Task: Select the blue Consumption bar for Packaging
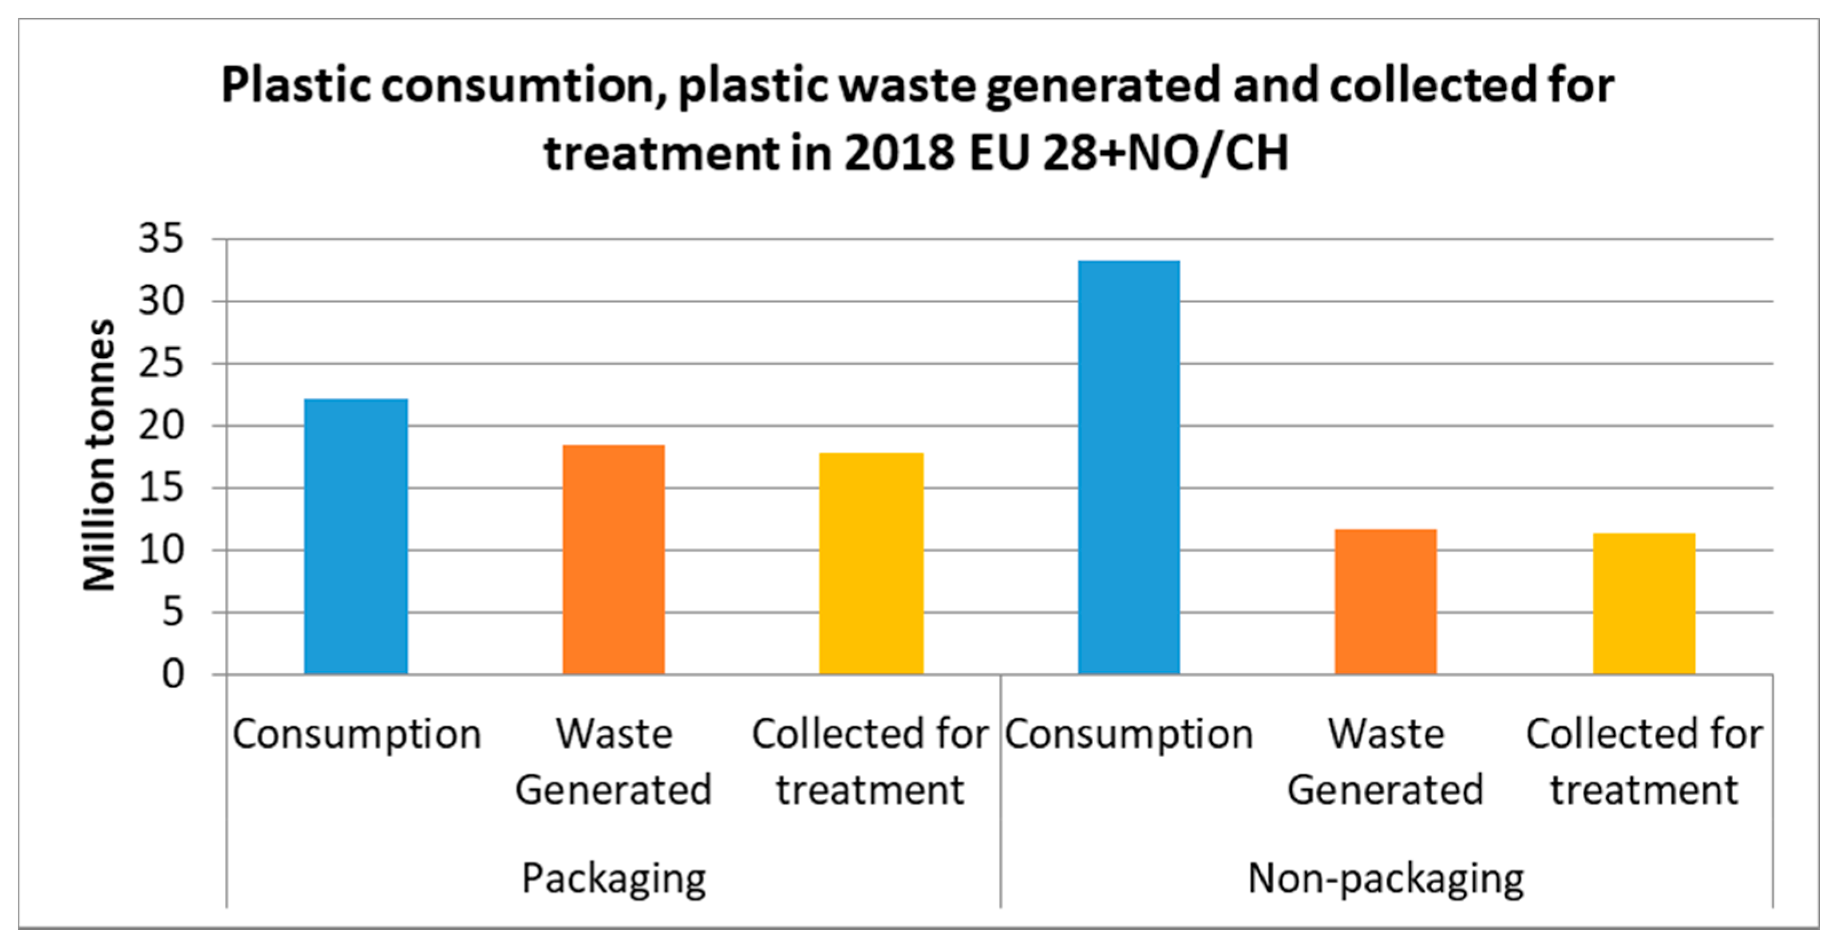pyautogui.click(x=356, y=537)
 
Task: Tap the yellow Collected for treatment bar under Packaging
pyautogui.click(x=871, y=563)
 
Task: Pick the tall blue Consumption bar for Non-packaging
pyautogui.click(x=1129, y=467)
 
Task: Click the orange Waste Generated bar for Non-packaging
pyautogui.click(x=1385, y=602)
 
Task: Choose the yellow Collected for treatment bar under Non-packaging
pyautogui.click(x=1644, y=603)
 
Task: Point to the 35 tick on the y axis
pyautogui.click(x=161, y=239)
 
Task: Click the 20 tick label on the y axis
pyautogui.click(x=161, y=426)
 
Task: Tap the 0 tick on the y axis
pyautogui.click(x=173, y=674)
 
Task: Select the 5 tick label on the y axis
pyautogui.click(x=173, y=612)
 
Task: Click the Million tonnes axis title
pyautogui.click(x=99, y=455)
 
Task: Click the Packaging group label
pyautogui.click(x=613, y=878)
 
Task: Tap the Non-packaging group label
pyautogui.click(x=1385, y=878)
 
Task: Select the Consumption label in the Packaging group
pyautogui.click(x=357, y=734)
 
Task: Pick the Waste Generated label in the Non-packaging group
pyautogui.click(x=1385, y=761)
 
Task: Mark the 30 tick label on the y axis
pyautogui.click(x=161, y=301)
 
